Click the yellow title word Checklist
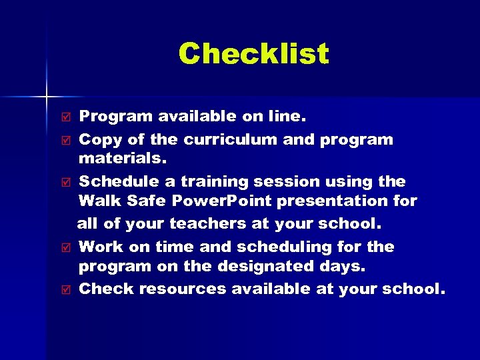click(x=253, y=54)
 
